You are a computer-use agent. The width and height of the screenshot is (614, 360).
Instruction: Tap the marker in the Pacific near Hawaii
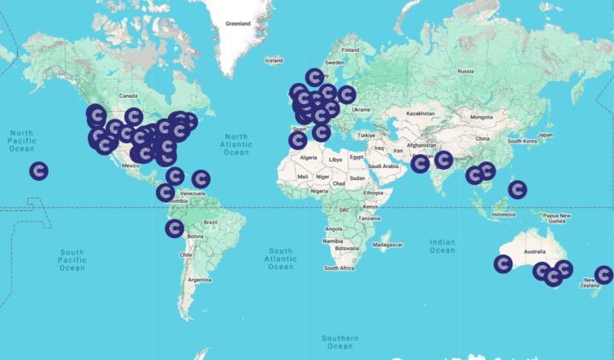click(x=38, y=171)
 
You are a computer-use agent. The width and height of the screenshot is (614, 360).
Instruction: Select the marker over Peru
click(x=174, y=228)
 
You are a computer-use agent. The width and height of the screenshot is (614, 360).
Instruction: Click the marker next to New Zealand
click(x=604, y=275)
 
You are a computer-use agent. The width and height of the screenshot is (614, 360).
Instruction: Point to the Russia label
click(x=465, y=71)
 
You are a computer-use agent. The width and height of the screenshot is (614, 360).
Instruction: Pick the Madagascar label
click(x=387, y=244)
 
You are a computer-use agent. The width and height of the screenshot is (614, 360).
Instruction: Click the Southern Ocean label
click(x=339, y=342)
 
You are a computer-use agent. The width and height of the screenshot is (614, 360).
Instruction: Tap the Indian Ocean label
click(x=443, y=246)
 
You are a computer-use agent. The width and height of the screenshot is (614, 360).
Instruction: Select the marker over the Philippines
click(x=517, y=189)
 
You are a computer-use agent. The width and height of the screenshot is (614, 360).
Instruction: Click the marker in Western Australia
click(x=503, y=264)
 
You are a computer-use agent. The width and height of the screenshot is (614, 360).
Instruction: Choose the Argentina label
click(x=199, y=280)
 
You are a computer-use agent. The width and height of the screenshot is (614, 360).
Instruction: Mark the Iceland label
click(x=273, y=61)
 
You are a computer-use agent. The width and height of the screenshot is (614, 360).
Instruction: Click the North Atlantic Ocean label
click(x=236, y=144)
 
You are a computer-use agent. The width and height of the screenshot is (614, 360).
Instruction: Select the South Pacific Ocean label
click(x=72, y=260)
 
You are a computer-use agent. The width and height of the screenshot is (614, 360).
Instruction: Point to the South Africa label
click(x=339, y=268)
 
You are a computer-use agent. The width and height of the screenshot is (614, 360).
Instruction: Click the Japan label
click(x=546, y=135)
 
